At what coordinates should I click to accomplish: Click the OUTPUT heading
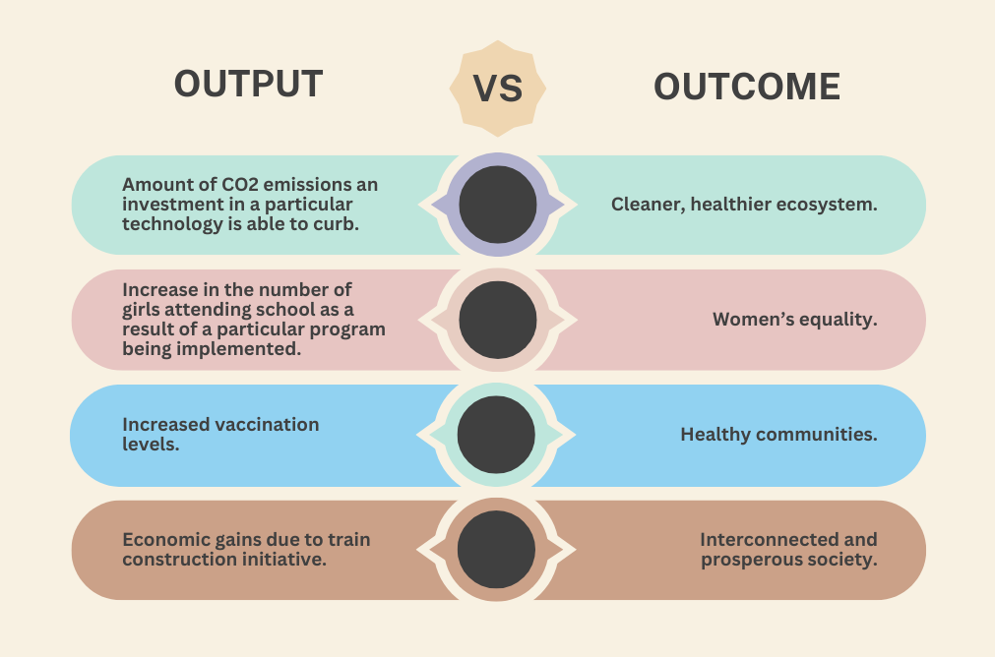coord(248,84)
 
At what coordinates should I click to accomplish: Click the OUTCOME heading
coord(747,87)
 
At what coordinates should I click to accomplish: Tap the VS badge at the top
coord(498,89)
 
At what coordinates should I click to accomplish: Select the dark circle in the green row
coord(498,205)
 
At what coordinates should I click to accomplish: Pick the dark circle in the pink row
coord(498,321)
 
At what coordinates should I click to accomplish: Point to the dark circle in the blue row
coord(496,435)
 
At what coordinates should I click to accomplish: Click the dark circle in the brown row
coord(496,549)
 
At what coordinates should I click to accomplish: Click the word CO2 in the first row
coord(240,185)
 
